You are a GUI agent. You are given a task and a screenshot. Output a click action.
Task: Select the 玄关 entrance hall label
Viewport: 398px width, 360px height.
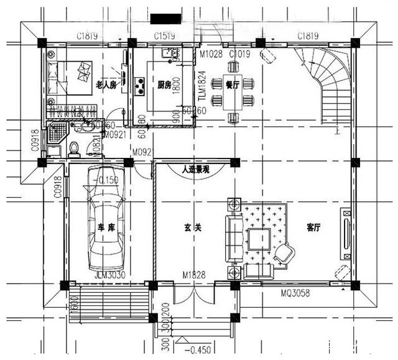(x=193, y=228)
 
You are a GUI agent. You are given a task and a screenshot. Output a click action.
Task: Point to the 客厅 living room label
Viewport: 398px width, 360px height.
(x=313, y=228)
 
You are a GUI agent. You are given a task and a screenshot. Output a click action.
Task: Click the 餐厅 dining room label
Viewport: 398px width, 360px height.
(x=233, y=85)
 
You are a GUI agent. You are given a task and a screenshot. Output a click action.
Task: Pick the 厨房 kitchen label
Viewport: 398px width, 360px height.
(x=164, y=85)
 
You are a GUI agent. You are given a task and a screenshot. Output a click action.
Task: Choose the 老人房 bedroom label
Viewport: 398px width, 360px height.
(x=106, y=85)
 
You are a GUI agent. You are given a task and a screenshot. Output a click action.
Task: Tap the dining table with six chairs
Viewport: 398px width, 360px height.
(x=233, y=92)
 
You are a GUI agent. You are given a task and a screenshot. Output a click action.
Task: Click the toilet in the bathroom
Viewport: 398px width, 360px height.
(x=73, y=148)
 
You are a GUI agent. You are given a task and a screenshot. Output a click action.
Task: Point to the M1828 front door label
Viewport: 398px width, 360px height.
(x=194, y=274)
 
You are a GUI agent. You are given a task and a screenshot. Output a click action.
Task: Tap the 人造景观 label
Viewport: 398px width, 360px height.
(x=195, y=168)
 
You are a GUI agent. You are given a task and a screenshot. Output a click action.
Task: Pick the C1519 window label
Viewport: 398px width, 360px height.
(x=164, y=36)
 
